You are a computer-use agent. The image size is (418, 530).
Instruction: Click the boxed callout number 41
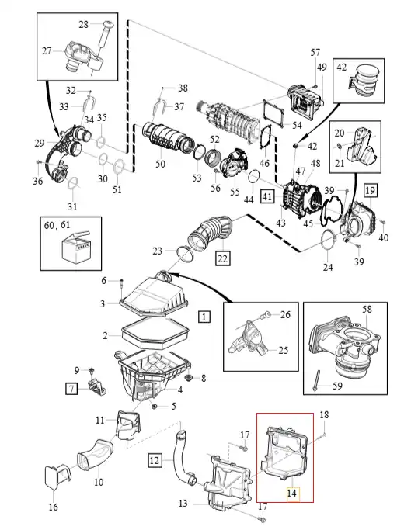pos(267,196)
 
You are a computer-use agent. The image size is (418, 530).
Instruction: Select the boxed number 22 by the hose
pos(222,258)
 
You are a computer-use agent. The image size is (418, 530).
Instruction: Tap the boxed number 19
pos(371,191)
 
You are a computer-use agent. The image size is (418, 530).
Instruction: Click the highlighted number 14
pos(291,494)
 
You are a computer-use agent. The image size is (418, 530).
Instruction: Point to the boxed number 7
pos(71,389)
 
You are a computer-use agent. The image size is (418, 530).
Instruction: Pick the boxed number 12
pos(155,461)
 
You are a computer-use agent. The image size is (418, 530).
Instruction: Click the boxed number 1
pos(204,317)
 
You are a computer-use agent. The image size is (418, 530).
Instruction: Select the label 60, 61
pos(57,225)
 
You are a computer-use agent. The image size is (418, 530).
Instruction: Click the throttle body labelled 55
pos(234,164)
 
